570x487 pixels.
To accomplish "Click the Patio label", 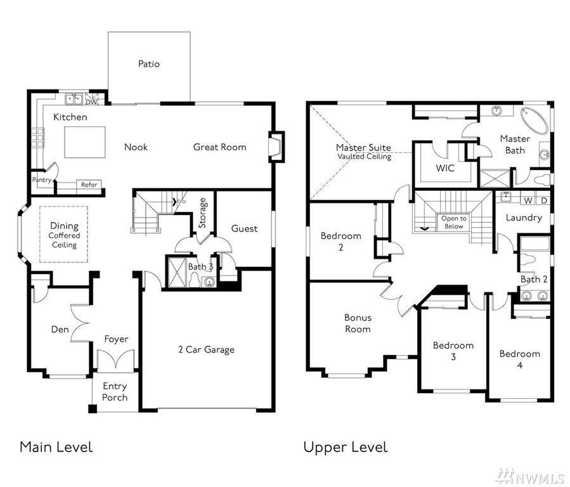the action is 148,64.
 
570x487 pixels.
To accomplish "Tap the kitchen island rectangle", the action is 85,142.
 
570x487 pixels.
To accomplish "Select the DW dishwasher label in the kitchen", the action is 91,103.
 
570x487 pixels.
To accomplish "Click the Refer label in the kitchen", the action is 89,185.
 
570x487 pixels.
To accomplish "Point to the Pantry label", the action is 41,180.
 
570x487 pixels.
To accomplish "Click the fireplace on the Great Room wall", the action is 276,147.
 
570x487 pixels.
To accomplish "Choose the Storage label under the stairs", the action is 202,213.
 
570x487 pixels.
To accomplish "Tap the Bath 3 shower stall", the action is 176,271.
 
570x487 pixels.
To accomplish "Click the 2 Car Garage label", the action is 206,349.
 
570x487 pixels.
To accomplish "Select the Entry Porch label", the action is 115,392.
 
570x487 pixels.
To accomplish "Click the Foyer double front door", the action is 116,360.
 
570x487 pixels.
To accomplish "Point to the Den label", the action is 60,330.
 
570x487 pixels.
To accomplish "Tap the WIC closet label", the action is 445,168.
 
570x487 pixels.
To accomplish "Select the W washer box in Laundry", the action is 528,200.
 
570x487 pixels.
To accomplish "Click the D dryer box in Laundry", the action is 544,200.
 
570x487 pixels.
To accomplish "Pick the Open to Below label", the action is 454,222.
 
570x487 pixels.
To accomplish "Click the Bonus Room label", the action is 358,323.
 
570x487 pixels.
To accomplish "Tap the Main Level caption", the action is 56,447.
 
